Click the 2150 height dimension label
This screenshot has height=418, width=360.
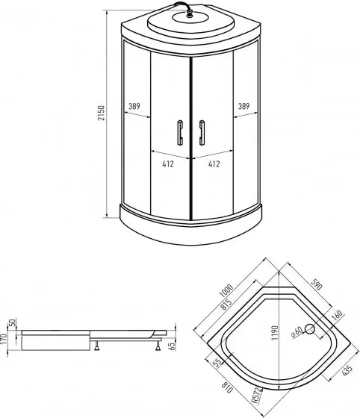point(101,113)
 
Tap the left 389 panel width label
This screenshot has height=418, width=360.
point(134,106)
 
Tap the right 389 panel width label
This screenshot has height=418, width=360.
point(243,106)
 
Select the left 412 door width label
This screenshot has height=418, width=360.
point(168,163)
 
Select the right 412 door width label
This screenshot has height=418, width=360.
point(214,163)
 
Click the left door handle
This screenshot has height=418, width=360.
point(180,133)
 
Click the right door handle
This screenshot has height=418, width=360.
point(202,133)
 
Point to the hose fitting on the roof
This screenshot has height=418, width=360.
point(190,13)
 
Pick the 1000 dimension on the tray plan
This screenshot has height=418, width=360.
point(226,290)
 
